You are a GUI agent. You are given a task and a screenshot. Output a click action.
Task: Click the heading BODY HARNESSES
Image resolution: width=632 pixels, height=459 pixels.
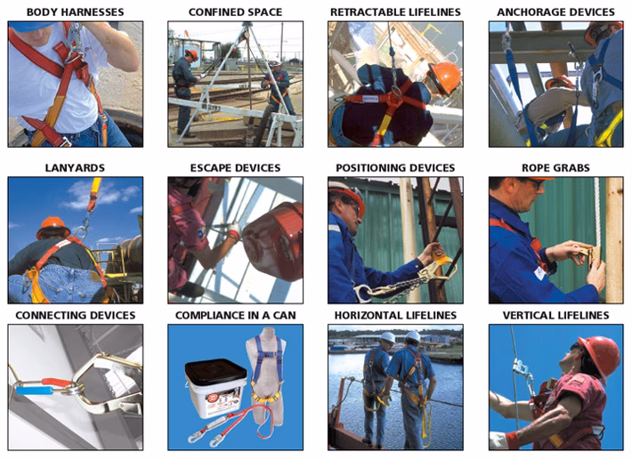pyautogui.click(x=76, y=12)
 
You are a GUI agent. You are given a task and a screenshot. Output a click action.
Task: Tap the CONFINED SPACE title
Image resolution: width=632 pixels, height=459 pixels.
pyautogui.click(x=235, y=12)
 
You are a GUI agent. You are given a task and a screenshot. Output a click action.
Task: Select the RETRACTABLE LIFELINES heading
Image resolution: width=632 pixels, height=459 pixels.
pyautogui.click(x=395, y=12)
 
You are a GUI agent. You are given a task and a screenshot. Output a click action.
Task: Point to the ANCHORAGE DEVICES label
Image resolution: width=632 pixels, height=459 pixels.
pyautogui.click(x=555, y=12)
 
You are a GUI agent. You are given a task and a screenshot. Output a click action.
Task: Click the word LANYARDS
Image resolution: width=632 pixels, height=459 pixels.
pyautogui.click(x=75, y=168)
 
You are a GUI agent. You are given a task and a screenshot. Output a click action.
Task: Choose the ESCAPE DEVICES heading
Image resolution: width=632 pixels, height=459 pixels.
pyautogui.click(x=235, y=168)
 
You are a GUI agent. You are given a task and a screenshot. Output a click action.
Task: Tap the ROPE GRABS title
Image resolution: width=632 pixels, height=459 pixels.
pyautogui.click(x=555, y=168)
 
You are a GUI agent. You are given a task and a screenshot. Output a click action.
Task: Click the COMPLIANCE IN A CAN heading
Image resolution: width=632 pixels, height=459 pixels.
pyautogui.click(x=235, y=315)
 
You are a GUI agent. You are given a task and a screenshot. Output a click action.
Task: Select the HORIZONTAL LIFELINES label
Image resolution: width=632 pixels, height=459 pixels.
pyautogui.click(x=395, y=315)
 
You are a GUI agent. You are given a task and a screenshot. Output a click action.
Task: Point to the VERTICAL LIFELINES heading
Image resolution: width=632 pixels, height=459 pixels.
pyautogui.click(x=555, y=315)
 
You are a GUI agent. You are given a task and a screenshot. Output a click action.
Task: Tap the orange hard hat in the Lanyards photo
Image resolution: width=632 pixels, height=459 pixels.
pyautogui.click(x=53, y=227)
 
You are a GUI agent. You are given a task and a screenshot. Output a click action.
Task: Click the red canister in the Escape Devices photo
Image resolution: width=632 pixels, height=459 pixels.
pyautogui.click(x=274, y=242)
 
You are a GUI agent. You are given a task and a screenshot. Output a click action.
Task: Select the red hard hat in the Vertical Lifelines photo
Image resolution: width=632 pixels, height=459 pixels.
pyautogui.click(x=601, y=357)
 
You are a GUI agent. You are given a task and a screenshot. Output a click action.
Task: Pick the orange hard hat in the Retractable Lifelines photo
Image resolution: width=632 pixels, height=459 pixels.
pyautogui.click(x=445, y=77)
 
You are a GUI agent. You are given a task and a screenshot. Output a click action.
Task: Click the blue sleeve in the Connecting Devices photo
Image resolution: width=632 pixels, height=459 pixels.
pyautogui.click(x=35, y=391)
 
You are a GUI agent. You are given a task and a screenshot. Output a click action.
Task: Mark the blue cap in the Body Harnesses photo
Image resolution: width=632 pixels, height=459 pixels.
pyautogui.click(x=30, y=27)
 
